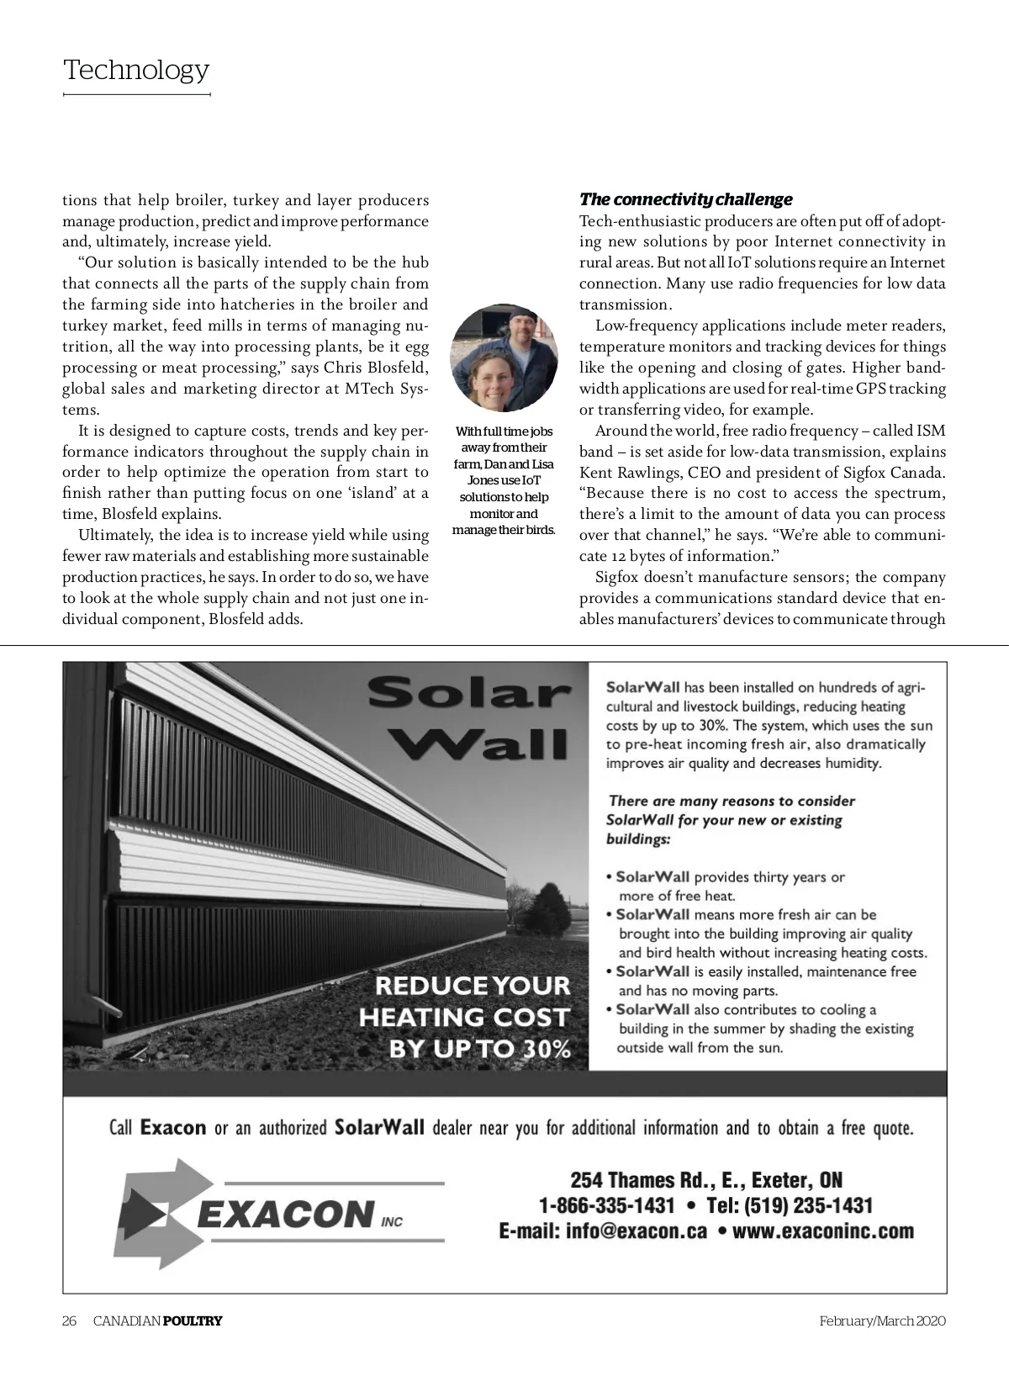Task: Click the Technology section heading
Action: coord(136,70)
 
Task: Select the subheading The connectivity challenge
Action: coord(685,199)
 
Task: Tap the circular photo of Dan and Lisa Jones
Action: coord(504,357)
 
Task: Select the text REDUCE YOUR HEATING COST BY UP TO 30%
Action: coord(465,1017)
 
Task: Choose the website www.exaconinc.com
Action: coord(823,1231)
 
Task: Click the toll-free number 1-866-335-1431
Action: coord(606,1205)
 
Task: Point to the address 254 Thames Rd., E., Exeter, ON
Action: coord(706,1180)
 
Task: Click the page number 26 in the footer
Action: coord(70,1320)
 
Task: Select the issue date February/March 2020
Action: coord(883,1320)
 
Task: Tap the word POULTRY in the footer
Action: coord(193,1320)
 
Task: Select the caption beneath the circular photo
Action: coord(504,480)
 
